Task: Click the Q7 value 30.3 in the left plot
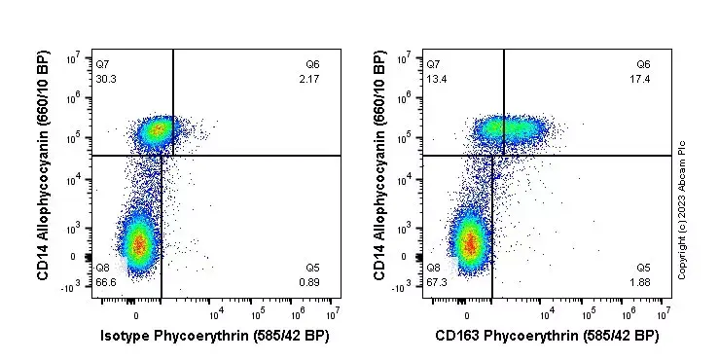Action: pyautogui.click(x=106, y=78)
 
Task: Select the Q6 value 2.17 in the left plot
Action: pyautogui.click(x=310, y=78)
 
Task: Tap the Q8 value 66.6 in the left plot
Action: pyautogui.click(x=106, y=282)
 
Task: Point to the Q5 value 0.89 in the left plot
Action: pyautogui.click(x=310, y=282)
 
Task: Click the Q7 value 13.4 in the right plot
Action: pyautogui.click(x=437, y=78)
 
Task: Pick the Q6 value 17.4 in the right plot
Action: pyautogui.click(x=641, y=78)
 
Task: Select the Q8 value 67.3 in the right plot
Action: pyautogui.click(x=437, y=282)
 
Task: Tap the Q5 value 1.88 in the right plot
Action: pyautogui.click(x=641, y=282)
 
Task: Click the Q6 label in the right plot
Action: pyautogui.click(x=642, y=64)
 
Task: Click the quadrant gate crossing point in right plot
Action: pyautogui.click(x=503, y=155)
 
